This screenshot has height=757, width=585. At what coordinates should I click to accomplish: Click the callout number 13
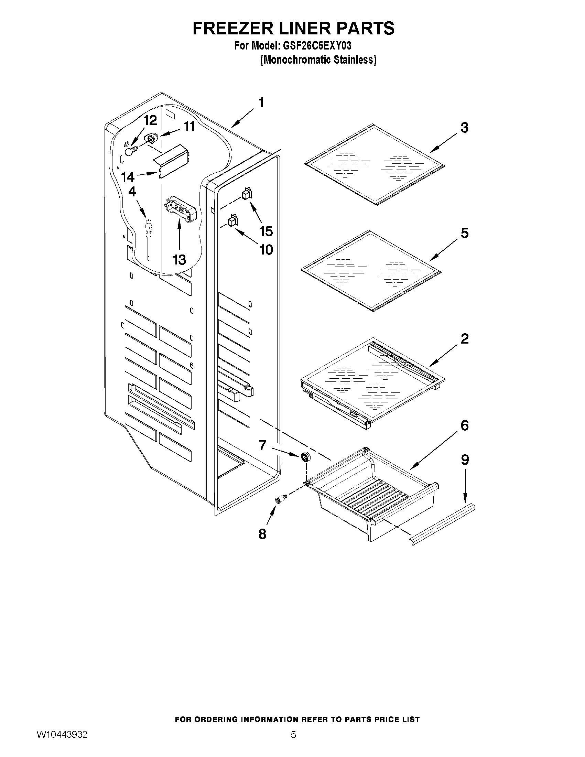pyautogui.click(x=179, y=260)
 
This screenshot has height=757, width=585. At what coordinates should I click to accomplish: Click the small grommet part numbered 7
pyautogui.click(x=305, y=457)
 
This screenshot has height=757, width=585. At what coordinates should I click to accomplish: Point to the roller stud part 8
pyautogui.click(x=281, y=499)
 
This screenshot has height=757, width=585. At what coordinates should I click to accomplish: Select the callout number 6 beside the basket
pyautogui.click(x=464, y=425)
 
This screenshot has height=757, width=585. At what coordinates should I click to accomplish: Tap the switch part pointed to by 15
pyautogui.click(x=247, y=194)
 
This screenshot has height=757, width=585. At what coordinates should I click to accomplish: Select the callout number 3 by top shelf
pyautogui.click(x=464, y=128)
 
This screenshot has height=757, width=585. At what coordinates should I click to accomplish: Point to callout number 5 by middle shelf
pyautogui.click(x=464, y=233)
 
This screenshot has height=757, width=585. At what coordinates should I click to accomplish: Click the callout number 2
pyautogui.click(x=464, y=339)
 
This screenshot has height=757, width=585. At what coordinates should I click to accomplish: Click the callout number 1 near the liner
pyautogui.click(x=261, y=102)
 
